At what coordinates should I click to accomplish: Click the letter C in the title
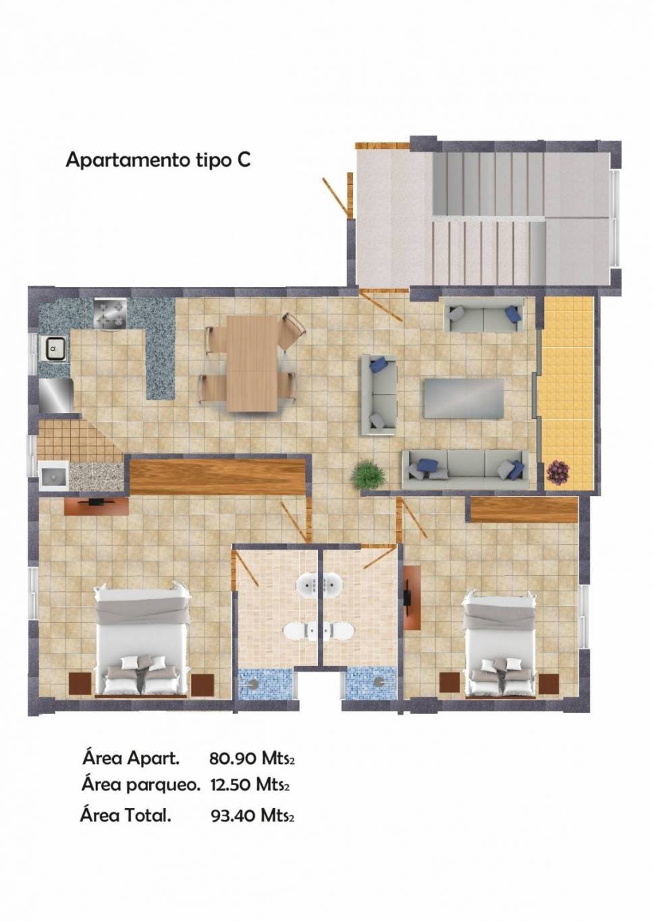(243, 160)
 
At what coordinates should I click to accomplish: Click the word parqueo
(163, 786)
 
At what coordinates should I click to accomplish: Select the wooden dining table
(252, 363)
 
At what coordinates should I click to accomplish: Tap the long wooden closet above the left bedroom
(218, 477)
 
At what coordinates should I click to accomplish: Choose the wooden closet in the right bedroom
(524, 510)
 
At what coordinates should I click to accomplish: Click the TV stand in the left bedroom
(97, 506)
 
